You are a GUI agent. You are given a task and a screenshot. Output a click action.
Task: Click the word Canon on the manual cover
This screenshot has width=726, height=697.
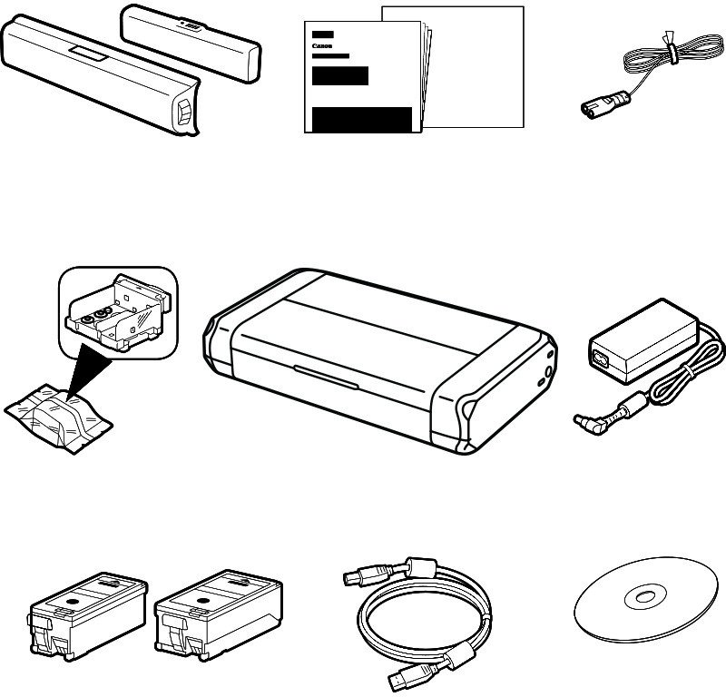click(320, 44)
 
